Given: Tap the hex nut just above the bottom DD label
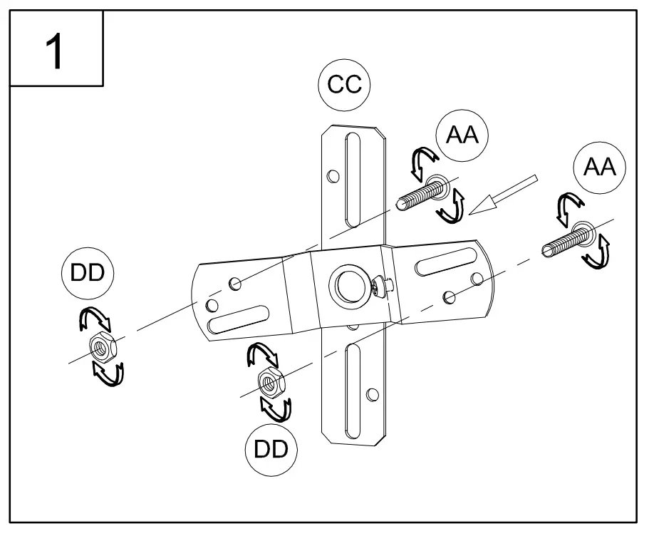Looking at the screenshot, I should tap(271, 383).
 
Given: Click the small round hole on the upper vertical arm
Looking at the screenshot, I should tap(331, 175).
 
